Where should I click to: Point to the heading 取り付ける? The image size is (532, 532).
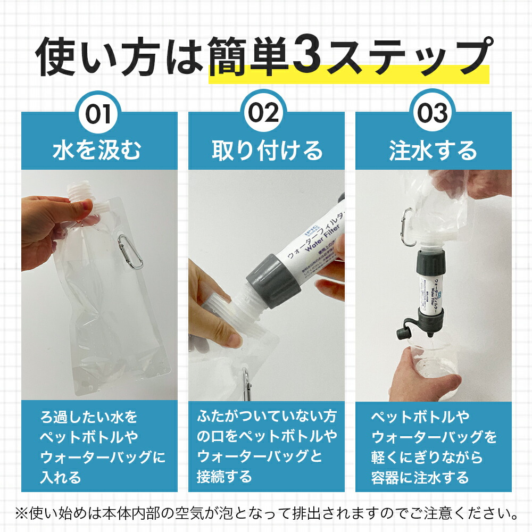point(267,151)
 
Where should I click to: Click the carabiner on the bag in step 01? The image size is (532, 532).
point(131,251)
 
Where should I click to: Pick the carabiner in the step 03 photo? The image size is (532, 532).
point(408,228)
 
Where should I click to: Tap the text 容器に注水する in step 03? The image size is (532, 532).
point(420,477)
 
